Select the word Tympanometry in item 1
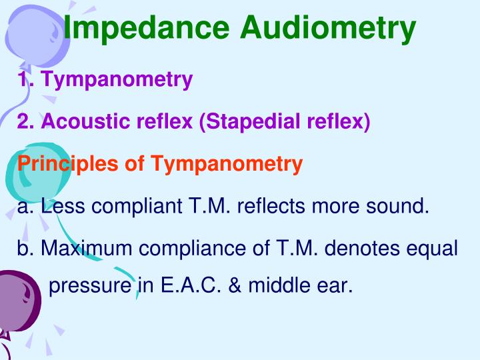tap(116, 80)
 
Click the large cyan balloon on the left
tap(27, 173)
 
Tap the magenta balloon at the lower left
tap(17, 300)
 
